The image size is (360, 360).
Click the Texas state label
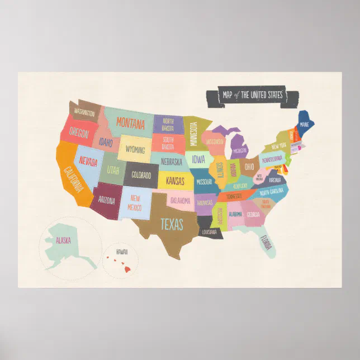click(x=172, y=224)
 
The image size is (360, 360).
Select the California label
click(x=74, y=178)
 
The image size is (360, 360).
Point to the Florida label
click(x=266, y=242)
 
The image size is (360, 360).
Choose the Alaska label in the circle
click(x=63, y=240)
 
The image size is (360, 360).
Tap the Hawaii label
click(x=122, y=252)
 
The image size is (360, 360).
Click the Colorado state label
click(x=141, y=176)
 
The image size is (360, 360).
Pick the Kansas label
click(x=175, y=182)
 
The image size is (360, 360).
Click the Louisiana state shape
click(x=209, y=232)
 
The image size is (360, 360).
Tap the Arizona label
click(x=106, y=200)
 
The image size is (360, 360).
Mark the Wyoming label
click(x=135, y=150)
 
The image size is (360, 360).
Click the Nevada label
click(x=87, y=162)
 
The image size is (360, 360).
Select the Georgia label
click(x=253, y=214)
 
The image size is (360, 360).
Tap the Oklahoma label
click(x=180, y=201)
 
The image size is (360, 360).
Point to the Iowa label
click(x=198, y=159)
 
